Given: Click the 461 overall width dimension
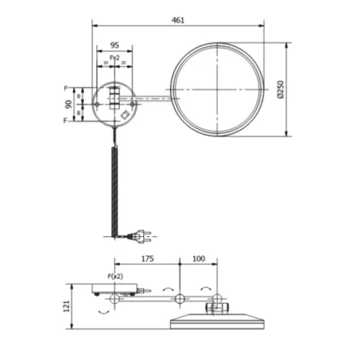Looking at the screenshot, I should tap(177, 20).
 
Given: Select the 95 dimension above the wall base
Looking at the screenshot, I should tap(114, 46).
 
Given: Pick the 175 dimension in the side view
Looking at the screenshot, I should tap(147, 260).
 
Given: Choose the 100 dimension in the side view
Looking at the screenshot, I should tap(198, 260).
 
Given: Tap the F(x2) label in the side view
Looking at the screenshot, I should tap(116, 275).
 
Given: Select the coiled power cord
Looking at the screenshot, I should tap(114, 184).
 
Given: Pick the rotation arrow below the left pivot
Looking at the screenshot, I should tap(104, 311).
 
